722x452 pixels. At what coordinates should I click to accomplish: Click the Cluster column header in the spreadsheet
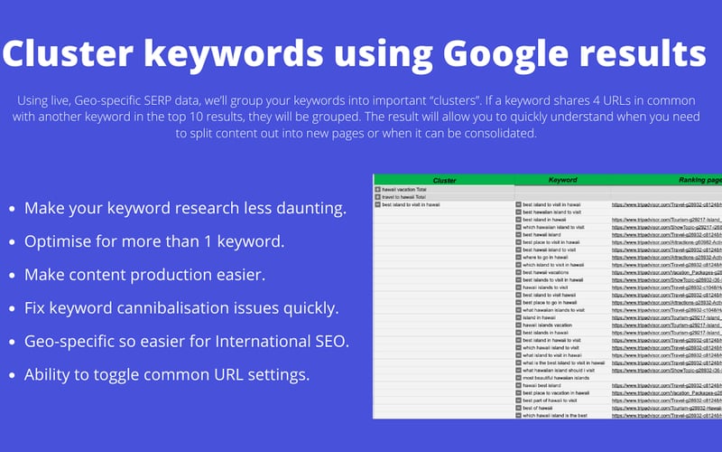click(444, 181)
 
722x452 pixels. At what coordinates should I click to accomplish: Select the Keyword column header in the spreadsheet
click(562, 181)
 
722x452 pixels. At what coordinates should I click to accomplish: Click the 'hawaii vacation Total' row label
click(405, 189)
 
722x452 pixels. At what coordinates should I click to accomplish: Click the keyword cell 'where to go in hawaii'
click(551, 258)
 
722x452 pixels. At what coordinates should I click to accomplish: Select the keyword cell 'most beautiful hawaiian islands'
click(557, 377)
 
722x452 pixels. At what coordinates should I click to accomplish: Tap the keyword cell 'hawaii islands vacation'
click(552, 325)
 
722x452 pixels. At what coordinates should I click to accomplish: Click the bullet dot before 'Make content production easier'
click(12, 276)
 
